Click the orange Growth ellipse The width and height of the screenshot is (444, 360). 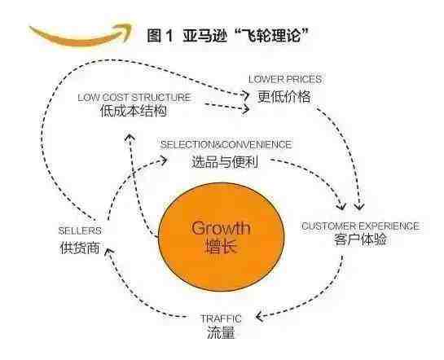coord(221,237)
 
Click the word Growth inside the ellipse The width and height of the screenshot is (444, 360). coord(221,228)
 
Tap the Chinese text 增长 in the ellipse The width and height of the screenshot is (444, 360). coord(220,246)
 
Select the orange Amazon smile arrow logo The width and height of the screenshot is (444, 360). coord(81,34)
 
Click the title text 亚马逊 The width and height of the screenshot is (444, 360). coord(204,36)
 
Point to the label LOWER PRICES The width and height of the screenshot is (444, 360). coord(285,79)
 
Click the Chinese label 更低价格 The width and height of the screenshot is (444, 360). coord(284,96)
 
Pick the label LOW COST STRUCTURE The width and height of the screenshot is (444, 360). coord(134,98)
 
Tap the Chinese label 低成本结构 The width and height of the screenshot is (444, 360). coord(134,111)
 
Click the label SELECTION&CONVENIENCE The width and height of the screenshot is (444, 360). coord(226,145)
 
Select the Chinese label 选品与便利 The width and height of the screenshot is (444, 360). coord(225,162)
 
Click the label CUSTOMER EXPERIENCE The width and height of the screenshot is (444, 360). coord(360,226)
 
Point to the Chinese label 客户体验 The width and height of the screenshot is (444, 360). coord(360,239)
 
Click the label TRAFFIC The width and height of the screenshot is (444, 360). coord(221,318)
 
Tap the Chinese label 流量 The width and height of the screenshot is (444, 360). coord(221,332)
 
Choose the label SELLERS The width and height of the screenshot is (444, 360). coord(80,230)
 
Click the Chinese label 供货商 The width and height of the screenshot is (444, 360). coord(80,248)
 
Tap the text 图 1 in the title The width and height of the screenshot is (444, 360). coord(160,36)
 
